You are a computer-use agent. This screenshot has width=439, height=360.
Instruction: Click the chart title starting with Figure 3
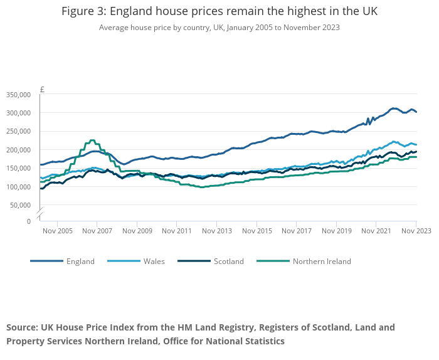[219, 12]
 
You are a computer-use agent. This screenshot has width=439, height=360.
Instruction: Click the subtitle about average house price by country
[219, 28]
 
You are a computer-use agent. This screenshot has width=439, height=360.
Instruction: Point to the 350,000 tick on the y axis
[18, 95]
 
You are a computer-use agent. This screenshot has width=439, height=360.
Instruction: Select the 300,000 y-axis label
[18, 113]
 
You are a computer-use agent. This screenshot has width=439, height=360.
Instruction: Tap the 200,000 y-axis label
[18, 150]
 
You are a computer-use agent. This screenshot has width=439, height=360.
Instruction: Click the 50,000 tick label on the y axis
[20, 205]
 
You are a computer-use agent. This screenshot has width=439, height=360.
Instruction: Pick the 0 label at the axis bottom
[28, 221]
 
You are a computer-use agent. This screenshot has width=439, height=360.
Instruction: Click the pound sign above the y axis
[42, 90]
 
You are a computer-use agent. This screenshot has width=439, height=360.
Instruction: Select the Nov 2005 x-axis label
[57, 231]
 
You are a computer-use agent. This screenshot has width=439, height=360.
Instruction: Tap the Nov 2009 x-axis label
[137, 231]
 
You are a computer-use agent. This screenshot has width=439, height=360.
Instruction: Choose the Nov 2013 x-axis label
[216, 231]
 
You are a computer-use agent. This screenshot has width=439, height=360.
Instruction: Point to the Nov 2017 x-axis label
[296, 231]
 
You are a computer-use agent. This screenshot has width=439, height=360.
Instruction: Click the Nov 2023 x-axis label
[416, 231]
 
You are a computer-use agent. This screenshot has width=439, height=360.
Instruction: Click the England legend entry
[80, 261]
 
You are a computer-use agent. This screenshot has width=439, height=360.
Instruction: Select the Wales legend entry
[154, 261]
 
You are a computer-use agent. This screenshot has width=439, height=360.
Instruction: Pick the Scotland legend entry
[228, 261]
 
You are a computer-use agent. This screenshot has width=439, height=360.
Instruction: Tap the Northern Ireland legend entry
[321, 261]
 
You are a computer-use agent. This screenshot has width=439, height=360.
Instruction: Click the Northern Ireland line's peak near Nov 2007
[92, 140]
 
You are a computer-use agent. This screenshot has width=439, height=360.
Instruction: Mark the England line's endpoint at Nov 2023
[416, 112]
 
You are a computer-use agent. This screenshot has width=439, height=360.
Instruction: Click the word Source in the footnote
[22, 327]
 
